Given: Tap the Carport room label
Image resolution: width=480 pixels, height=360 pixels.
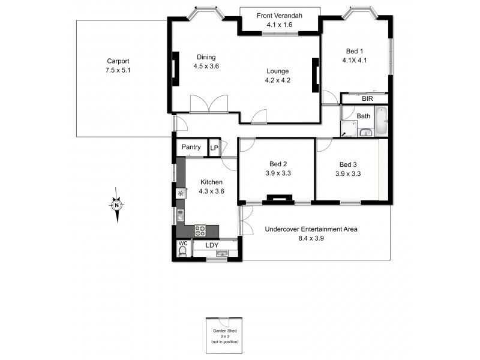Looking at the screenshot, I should [118, 61].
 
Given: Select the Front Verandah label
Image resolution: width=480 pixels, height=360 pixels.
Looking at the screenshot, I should [279, 16].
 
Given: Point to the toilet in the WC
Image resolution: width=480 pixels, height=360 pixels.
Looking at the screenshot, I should [182, 251].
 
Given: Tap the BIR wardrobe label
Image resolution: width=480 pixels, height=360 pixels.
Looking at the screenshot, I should [367, 98].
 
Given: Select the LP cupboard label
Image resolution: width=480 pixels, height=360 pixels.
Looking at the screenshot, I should [214, 147].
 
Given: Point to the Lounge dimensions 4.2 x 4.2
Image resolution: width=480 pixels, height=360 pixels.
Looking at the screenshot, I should [278, 80].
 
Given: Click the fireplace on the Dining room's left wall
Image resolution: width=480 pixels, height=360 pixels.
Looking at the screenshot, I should [176, 69].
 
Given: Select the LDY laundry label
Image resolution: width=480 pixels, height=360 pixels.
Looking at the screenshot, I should [212, 245].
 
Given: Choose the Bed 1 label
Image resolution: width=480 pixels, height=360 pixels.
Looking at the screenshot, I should [354, 51].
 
